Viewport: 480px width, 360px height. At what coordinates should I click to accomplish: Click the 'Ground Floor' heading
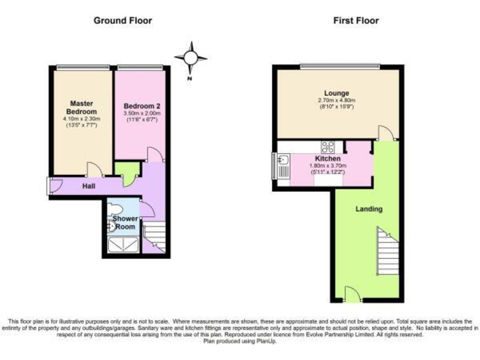pyautogui.click(x=122, y=21)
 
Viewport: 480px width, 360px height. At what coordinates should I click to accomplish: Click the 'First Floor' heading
pyautogui.click(x=355, y=21)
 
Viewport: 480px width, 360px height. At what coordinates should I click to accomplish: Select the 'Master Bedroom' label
pyautogui.click(x=81, y=107)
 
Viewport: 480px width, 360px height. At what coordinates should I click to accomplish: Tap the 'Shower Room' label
pyautogui.click(x=124, y=222)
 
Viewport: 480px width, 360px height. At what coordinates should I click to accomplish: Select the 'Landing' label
pyautogui.click(x=369, y=209)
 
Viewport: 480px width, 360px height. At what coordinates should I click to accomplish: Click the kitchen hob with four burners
pyautogui.click(x=327, y=147)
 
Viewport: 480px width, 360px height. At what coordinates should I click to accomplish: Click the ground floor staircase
pyautogui.click(x=154, y=239)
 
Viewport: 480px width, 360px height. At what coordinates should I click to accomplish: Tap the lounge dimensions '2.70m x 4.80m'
pyautogui.click(x=336, y=101)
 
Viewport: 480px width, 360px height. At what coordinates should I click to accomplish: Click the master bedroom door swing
pyautogui.click(x=94, y=169)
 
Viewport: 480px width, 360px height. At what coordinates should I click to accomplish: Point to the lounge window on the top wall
pyautogui.click(x=339, y=66)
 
